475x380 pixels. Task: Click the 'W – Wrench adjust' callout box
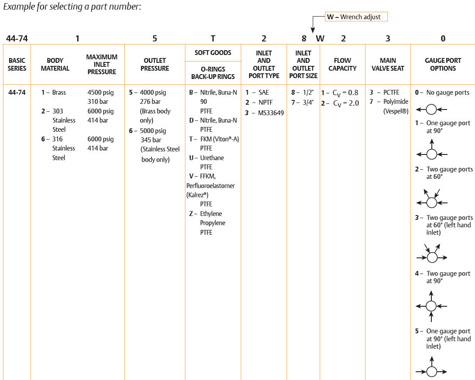coord(356,17)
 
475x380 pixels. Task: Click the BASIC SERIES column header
coord(17,65)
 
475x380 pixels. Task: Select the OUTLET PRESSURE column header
coord(155,65)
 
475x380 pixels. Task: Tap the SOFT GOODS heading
coord(213,53)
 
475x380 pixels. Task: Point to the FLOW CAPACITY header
coord(342,65)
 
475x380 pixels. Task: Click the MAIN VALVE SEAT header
coord(388,65)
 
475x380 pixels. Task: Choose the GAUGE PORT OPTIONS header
coord(443,65)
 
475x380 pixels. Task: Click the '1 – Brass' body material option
coord(54,92)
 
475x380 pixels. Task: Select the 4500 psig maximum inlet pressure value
coord(101,92)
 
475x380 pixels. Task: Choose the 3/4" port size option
coord(302,102)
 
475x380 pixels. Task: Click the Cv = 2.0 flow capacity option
coord(340,102)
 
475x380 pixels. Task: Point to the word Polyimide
coord(396,102)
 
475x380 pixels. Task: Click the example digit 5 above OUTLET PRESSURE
coord(155,38)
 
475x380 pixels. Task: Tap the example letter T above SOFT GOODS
coord(213,38)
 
